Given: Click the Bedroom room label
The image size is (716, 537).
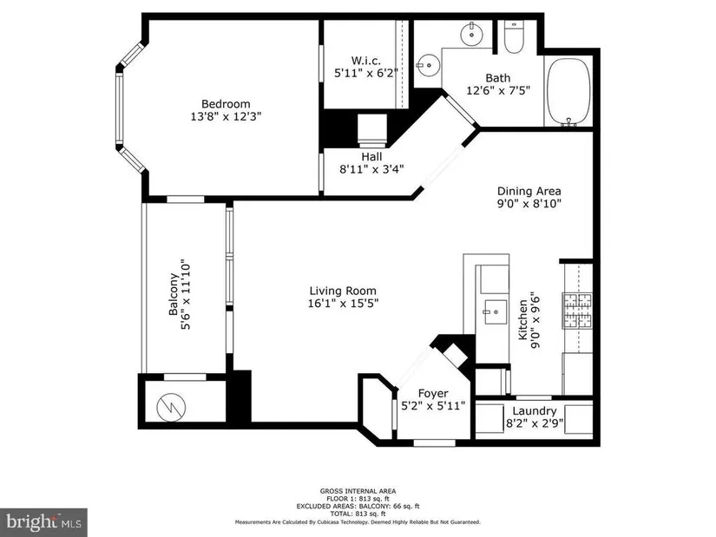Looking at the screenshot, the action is (226, 103).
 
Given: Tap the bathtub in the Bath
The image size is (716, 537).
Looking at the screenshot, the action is (568, 91).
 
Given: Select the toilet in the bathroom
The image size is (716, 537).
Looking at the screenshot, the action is (514, 37).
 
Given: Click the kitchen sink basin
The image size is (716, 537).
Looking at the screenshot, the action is (495, 312).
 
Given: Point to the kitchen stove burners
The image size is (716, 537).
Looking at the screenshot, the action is (578, 311).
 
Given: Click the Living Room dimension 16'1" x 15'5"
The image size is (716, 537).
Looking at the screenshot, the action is (343, 303).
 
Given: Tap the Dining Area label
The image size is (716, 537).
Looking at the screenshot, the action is (529, 191).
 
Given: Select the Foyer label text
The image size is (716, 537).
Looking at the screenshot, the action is (433, 393).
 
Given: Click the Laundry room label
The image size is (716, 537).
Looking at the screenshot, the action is (535, 411).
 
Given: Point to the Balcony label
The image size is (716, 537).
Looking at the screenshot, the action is (174, 294).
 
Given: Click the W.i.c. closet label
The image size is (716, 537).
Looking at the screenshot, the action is (365, 60).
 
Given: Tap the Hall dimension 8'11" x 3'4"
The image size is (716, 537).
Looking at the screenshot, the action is (371, 169).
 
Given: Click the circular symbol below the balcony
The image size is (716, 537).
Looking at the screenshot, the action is (171, 406).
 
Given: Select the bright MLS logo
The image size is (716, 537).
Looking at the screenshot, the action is (43, 522).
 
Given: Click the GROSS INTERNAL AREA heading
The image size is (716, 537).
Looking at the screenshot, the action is (358, 491).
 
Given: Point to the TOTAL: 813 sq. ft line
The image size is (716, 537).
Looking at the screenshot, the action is (358, 514).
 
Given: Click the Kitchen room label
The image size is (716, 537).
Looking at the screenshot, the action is (522, 319).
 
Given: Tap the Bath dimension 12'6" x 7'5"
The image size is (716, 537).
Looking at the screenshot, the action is (498, 90).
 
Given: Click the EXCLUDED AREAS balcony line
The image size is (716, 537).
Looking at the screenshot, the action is (358, 506).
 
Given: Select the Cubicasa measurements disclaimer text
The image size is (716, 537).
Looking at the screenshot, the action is (358, 522).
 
